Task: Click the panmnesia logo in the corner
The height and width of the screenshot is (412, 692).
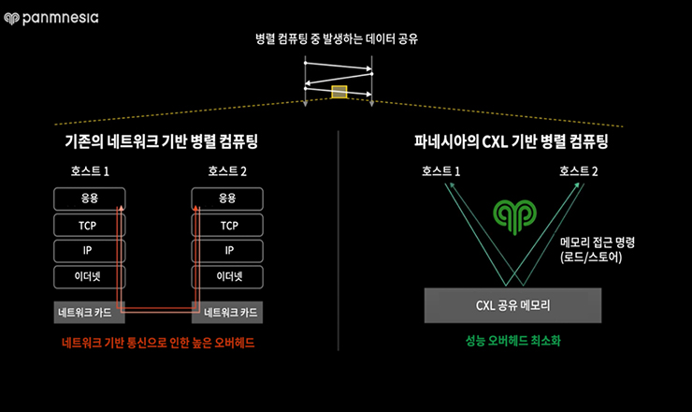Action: [52, 17]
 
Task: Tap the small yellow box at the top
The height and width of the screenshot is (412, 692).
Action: [339, 92]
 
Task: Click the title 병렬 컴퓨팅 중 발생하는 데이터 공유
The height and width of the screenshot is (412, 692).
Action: [339, 40]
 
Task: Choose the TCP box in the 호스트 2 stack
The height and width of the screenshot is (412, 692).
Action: [227, 225]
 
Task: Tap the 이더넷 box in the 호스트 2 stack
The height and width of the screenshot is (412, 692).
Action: [227, 276]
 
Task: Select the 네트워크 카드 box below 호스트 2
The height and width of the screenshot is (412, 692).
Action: [228, 313]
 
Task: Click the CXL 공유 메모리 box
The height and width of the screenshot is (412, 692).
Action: [512, 304]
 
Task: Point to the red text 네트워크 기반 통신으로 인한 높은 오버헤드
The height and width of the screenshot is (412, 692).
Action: [158, 344]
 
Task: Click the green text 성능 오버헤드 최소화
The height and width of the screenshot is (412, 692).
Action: [512, 342]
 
